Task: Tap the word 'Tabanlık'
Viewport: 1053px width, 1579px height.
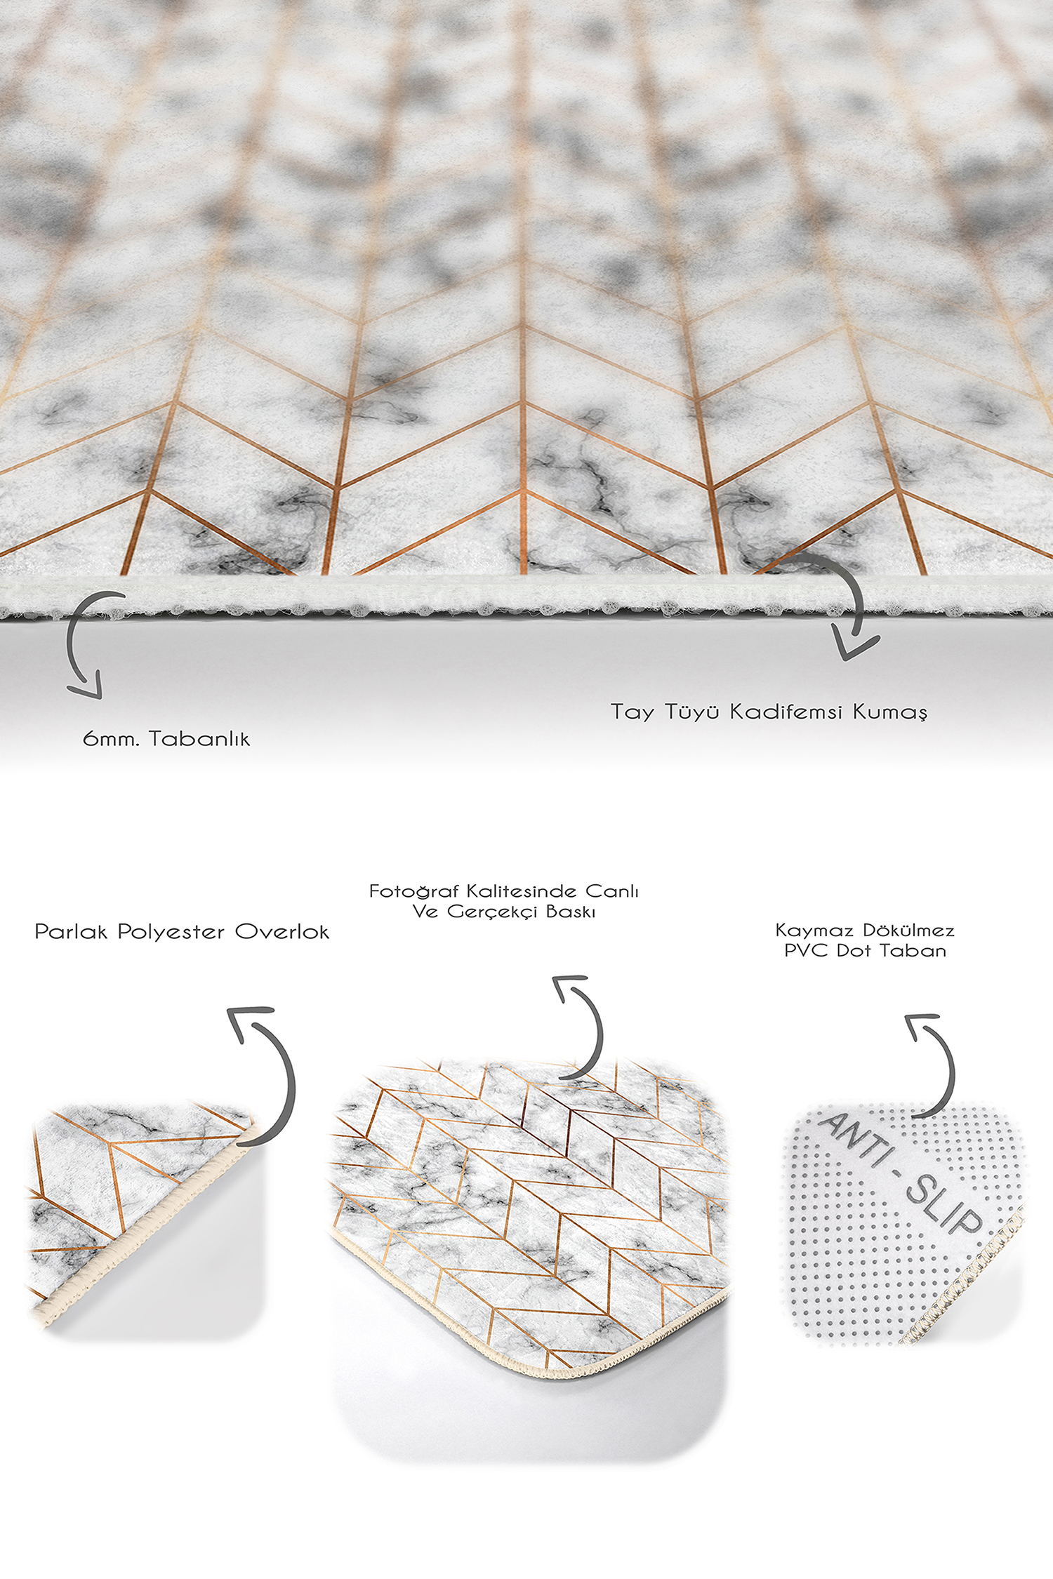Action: (199, 738)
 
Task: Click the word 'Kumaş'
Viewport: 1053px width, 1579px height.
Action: (890, 713)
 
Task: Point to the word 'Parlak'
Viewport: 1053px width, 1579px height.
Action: (71, 932)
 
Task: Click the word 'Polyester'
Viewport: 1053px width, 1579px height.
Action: (171, 933)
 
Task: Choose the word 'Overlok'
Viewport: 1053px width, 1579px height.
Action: (282, 932)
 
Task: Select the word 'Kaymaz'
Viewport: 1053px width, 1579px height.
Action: (814, 931)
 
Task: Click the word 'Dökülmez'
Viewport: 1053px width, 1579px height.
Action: (909, 931)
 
